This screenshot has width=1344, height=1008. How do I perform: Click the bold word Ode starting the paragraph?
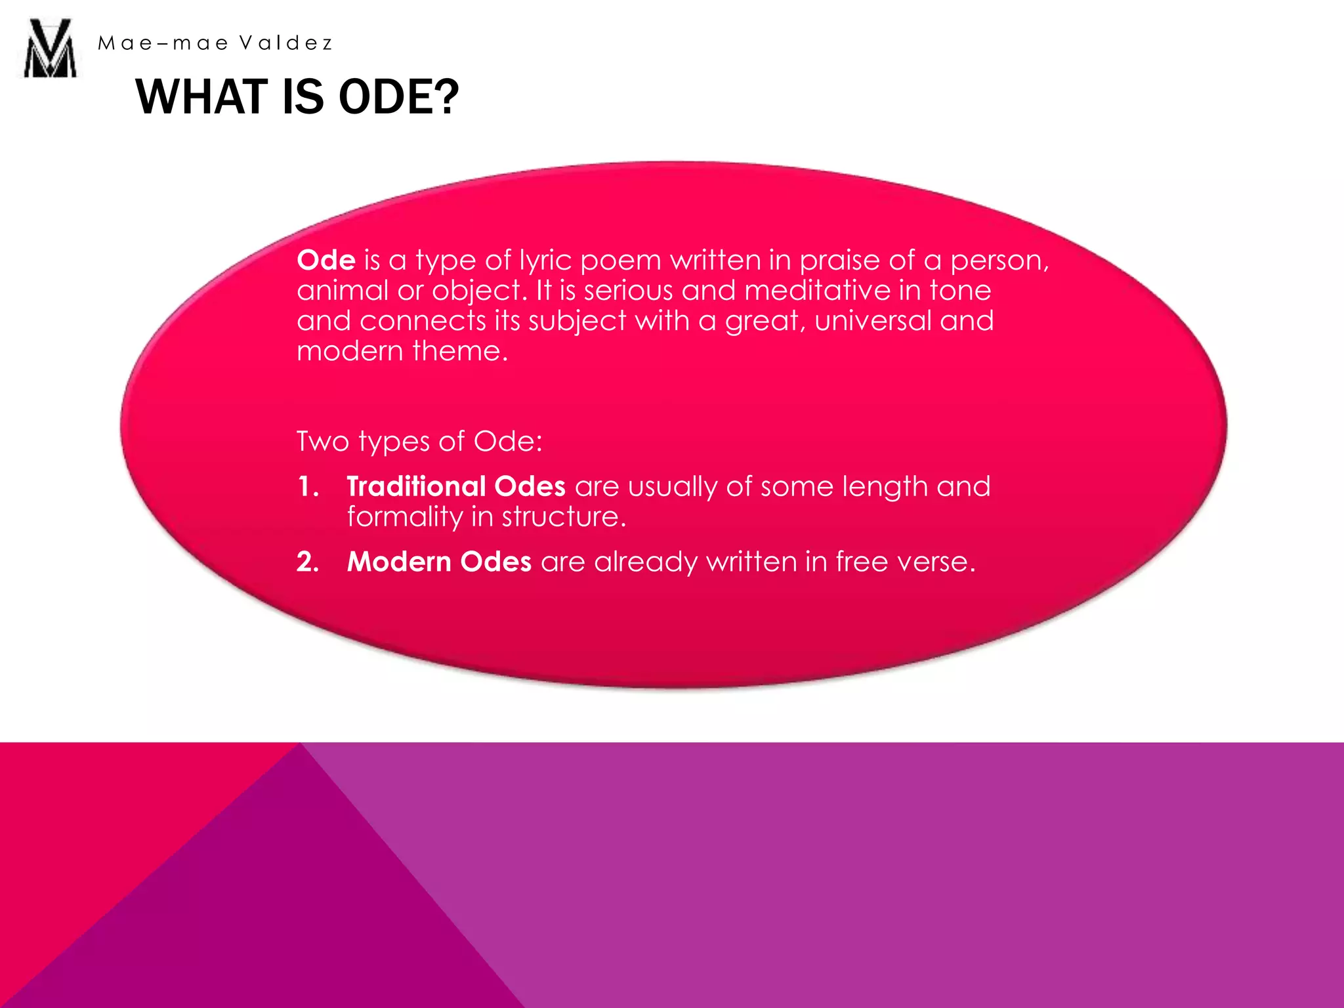326,260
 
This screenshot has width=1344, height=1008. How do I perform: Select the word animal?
342,290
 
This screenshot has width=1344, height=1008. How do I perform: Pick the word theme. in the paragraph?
460,350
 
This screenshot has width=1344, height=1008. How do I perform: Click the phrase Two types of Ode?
419,441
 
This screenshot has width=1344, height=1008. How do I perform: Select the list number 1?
307,486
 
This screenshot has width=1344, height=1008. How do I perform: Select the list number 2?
307,562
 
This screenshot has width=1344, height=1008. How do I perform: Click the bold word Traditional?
416,486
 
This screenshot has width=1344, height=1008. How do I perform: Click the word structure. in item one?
564,517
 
